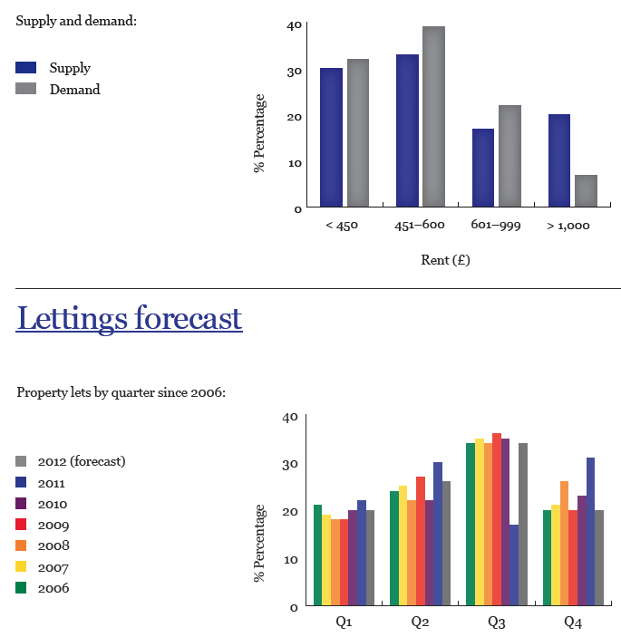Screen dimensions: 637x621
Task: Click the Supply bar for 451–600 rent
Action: coord(407,130)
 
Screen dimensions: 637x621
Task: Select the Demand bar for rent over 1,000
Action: coord(586,190)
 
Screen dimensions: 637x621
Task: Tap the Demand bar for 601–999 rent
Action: coord(509,156)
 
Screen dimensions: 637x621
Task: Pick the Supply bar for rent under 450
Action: coord(331,138)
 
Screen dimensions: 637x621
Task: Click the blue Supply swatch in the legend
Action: coord(27,68)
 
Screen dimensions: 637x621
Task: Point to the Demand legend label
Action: coord(74,90)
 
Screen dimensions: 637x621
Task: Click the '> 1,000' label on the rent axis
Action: coord(568,226)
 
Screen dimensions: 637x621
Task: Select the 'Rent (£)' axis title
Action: coord(445,260)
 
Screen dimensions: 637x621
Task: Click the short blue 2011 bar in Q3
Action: coord(514,565)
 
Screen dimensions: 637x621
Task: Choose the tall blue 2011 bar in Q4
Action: coord(591,531)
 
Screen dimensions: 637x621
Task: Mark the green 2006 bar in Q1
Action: coord(317,555)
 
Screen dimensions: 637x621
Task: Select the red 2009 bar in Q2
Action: coord(420,540)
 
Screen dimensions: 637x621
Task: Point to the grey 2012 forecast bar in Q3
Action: coord(522,524)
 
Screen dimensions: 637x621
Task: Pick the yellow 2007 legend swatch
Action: coord(23,567)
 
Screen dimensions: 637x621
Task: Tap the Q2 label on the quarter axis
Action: coord(420,623)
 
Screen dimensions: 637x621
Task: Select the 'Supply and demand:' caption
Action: coord(76,20)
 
